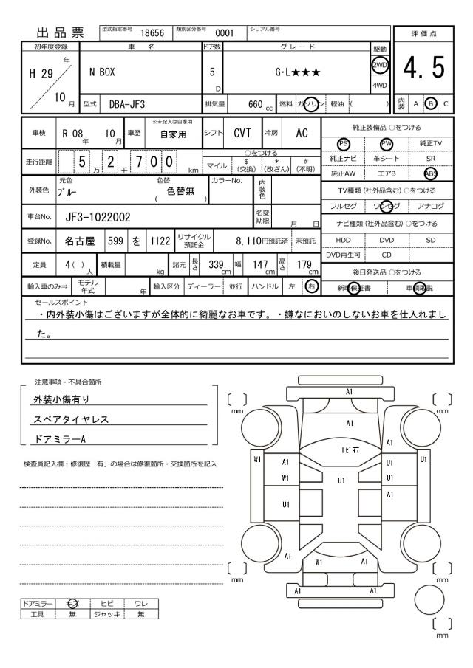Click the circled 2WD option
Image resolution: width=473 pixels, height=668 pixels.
click(381, 64)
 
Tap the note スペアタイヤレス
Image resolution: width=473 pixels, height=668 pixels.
click(70, 420)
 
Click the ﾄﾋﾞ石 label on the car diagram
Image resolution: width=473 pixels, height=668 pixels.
click(349, 450)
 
